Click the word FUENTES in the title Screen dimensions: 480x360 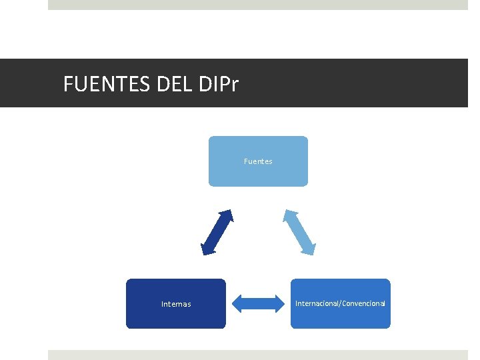(106, 85)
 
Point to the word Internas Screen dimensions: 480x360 (176, 304)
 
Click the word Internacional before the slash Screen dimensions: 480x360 (317, 303)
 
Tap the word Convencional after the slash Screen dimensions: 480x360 (364, 303)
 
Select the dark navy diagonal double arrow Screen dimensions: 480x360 (217, 232)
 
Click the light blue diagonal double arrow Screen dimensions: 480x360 (299, 232)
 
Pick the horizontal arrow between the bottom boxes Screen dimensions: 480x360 (258, 304)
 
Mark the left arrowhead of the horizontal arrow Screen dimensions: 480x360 (238, 304)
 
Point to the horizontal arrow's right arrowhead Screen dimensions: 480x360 (278, 304)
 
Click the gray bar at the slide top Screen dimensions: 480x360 (258, 5)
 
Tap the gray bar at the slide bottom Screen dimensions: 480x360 (258, 355)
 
